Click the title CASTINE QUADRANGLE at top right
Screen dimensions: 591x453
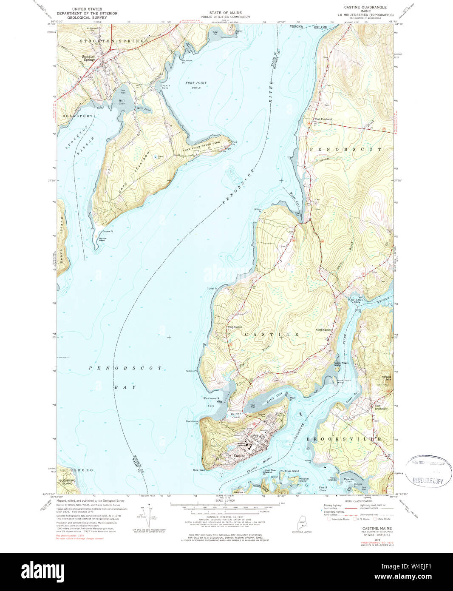tap(365, 8)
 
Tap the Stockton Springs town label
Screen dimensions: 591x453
tap(89, 58)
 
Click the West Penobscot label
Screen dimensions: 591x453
tap(323, 119)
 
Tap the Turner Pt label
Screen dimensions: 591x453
tap(212, 289)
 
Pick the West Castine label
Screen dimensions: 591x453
tap(235, 327)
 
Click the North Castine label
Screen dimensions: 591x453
tap(323, 330)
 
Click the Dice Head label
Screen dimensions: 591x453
tap(199, 470)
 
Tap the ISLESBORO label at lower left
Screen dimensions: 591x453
tap(70, 470)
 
